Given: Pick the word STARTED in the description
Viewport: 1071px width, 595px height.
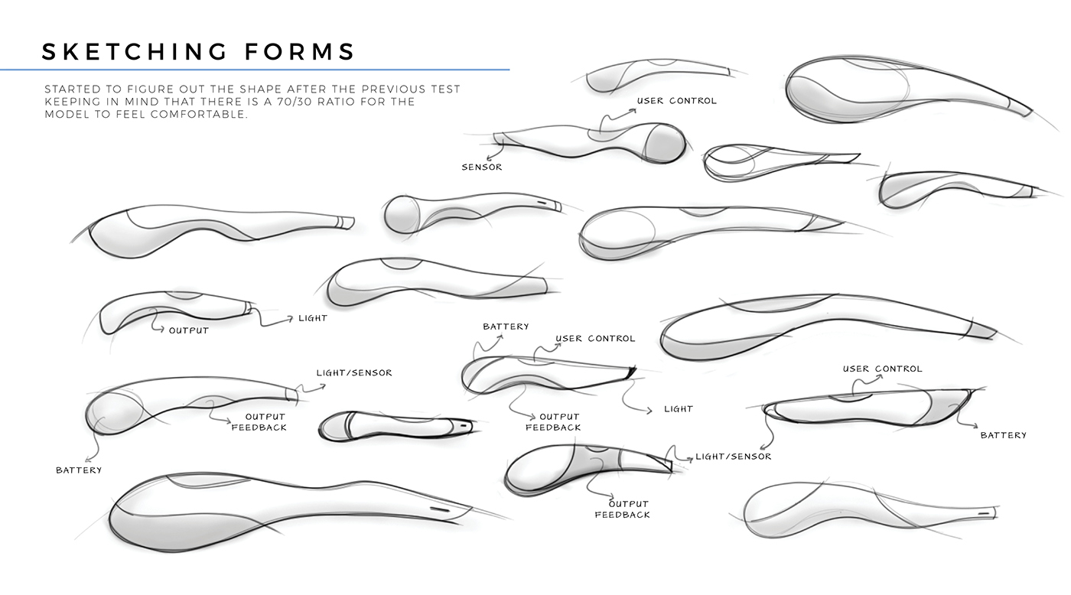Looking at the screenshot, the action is tap(74, 89).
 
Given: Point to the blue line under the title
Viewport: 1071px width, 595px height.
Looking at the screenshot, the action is tap(255, 70).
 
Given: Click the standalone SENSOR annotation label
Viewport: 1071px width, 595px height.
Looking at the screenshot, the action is tap(482, 167).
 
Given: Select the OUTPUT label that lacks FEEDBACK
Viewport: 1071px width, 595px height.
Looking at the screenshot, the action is tap(188, 331).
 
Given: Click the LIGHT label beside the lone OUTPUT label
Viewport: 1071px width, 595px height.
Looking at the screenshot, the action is tap(313, 318).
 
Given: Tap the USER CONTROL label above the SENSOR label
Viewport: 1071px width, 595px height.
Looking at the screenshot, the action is tap(677, 101).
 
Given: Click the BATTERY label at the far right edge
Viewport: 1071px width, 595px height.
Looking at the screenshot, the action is tap(1003, 435).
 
